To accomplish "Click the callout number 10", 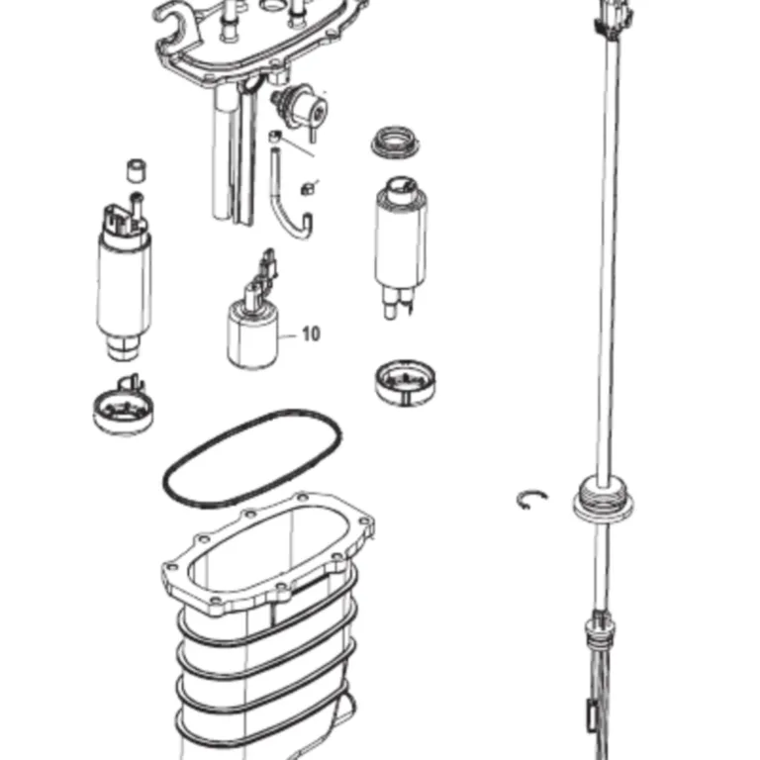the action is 311,333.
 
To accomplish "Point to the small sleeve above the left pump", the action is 138,170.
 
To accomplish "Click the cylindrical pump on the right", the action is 401,246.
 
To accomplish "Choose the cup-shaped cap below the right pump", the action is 405,382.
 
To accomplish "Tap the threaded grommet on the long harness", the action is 603,500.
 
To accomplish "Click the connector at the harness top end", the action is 614,20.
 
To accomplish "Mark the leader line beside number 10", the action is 287,335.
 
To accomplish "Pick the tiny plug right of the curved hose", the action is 307,188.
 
